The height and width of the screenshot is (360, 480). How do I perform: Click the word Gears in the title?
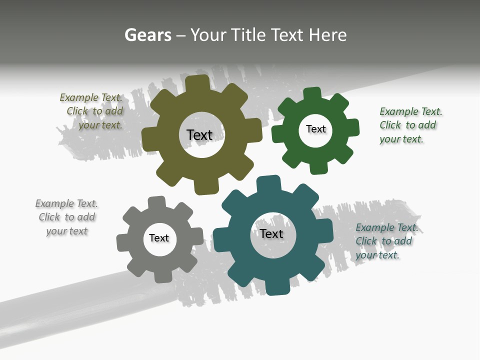tap(147, 35)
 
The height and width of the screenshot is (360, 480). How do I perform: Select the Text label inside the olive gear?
tap(199, 135)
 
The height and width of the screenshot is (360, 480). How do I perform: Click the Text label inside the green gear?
tap(315, 129)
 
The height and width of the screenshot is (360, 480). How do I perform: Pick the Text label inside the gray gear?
tap(159, 238)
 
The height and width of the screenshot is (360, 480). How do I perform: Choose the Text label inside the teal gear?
tap(271, 233)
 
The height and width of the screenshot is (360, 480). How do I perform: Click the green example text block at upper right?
tap(409, 125)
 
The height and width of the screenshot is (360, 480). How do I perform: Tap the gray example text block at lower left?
tap(66, 217)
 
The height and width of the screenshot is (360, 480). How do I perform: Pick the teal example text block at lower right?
tap(385, 241)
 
